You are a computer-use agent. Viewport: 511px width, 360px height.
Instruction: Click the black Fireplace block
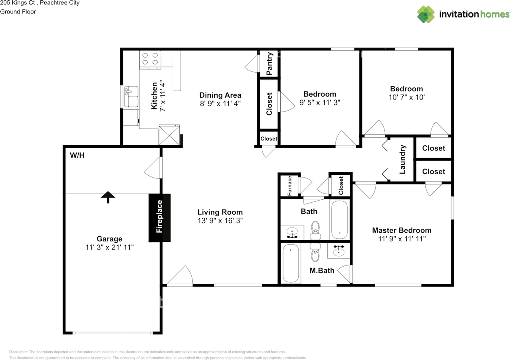coord(160,218)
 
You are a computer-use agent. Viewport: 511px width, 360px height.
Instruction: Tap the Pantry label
coord(269,63)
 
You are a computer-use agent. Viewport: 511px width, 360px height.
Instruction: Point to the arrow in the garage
coord(108,196)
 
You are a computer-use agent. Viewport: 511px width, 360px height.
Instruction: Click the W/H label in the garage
coord(77,155)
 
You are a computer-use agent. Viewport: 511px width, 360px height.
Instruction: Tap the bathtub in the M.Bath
coord(291,263)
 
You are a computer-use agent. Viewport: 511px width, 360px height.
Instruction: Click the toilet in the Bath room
coord(316,229)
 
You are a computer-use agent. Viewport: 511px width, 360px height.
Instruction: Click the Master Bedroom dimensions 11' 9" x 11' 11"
coord(402,239)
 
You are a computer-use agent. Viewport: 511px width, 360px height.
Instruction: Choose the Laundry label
coord(402,159)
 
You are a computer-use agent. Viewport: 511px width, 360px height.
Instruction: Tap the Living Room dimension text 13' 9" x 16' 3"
coord(220,220)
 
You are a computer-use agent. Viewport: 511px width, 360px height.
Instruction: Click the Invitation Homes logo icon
coord(426,14)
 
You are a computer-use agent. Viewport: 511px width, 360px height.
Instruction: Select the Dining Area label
coord(220,95)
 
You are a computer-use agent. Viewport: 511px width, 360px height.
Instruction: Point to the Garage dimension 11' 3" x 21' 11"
coord(109,247)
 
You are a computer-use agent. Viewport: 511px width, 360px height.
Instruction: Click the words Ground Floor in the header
coord(18,12)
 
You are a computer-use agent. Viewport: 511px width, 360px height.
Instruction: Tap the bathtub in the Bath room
coord(339,220)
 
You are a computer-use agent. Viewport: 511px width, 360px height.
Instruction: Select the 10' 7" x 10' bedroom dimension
coord(406,97)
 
